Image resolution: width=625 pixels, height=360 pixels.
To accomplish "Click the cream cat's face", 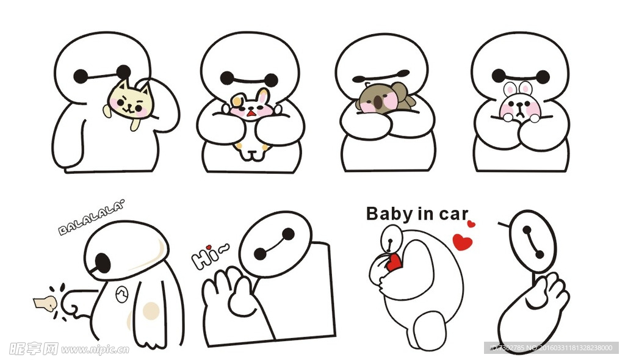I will pos(130,101).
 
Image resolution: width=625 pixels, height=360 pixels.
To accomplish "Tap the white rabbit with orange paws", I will pos(250,122).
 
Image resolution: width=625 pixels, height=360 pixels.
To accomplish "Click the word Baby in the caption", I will pos(389,214).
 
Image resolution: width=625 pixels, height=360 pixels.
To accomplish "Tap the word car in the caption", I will pos(452,214).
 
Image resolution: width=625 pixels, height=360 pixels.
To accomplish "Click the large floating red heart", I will pos(463,242).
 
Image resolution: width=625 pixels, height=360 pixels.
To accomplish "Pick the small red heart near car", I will pos(471,225).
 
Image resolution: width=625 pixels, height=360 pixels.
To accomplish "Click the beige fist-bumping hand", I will pos(45,302).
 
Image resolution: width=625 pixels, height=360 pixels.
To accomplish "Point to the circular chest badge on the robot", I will pos(121,296).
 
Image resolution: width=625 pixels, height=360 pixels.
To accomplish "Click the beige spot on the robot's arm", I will pos(150,311).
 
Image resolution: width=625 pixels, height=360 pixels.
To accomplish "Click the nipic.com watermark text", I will pos(95,350).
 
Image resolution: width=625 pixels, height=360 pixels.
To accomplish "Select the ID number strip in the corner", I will pos(549,348).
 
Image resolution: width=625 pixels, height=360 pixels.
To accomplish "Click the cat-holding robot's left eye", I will pos(81,76).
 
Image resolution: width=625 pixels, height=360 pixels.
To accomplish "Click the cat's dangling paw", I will pos(135,124).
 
